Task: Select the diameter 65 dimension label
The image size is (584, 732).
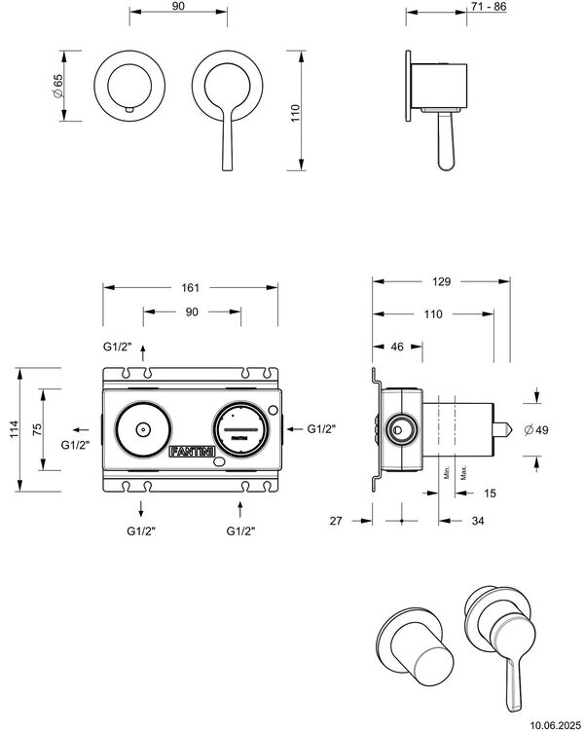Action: pyautogui.click(x=57, y=88)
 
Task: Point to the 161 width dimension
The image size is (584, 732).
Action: pyautogui.click(x=190, y=287)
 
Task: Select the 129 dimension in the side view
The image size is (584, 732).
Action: pyautogui.click(x=441, y=281)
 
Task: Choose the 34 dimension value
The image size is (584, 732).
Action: pyautogui.click(x=478, y=522)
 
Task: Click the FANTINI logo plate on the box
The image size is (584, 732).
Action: pyautogui.click(x=187, y=453)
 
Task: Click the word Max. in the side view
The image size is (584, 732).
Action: pyautogui.click(x=464, y=474)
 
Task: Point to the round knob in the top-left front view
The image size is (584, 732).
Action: pyautogui.click(x=128, y=83)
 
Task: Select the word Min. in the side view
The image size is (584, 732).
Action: pyautogui.click(x=446, y=474)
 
